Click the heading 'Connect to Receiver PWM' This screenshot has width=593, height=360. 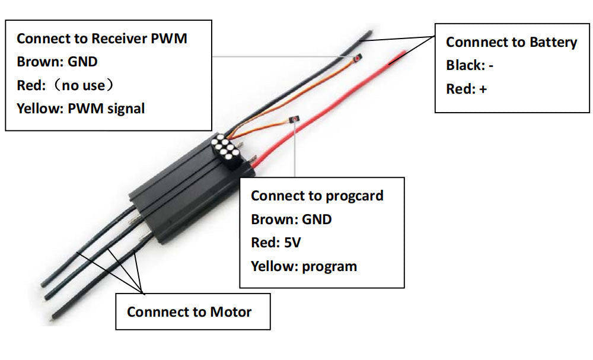[101, 39]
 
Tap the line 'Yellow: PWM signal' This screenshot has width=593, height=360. [81, 109]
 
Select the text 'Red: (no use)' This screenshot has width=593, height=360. [65, 85]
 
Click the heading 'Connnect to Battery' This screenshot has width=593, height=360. [511, 42]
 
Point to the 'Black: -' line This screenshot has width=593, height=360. [470, 65]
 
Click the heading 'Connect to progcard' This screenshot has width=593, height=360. [317, 196]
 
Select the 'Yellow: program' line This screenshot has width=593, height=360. [304, 266]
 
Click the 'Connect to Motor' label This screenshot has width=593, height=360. [189, 312]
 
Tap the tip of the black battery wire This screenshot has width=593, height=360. [364, 37]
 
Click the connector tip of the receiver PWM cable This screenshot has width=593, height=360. [358, 58]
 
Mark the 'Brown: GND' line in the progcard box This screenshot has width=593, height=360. [291, 219]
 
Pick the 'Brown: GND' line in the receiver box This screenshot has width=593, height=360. [57, 62]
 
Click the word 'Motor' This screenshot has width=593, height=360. [231, 312]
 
